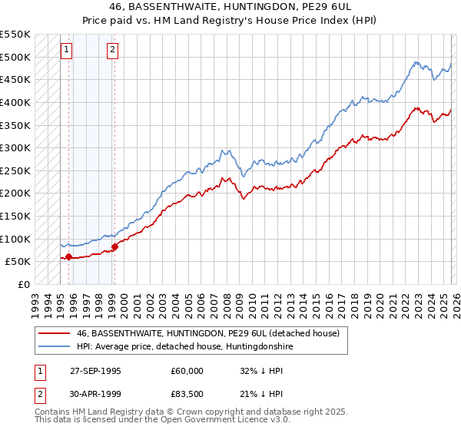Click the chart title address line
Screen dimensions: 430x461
pyautogui.click(x=230, y=6)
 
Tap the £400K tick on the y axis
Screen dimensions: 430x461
pyautogui.click(x=15, y=102)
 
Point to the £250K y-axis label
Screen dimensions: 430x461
pyautogui.click(x=15, y=170)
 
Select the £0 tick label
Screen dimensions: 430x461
pyautogui.click(x=23, y=284)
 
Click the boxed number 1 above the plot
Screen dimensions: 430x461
pyautogui.click(x=67, y=51)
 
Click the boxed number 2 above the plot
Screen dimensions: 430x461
pyautogui.click(x=112, y=51)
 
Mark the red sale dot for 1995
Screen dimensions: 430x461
pyautogui.click(x=69, y=257)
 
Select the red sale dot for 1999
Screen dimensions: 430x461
pyautogui.click(x=114, y=246)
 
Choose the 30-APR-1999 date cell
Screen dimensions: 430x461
pyautogui.click(x=94, y=395)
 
